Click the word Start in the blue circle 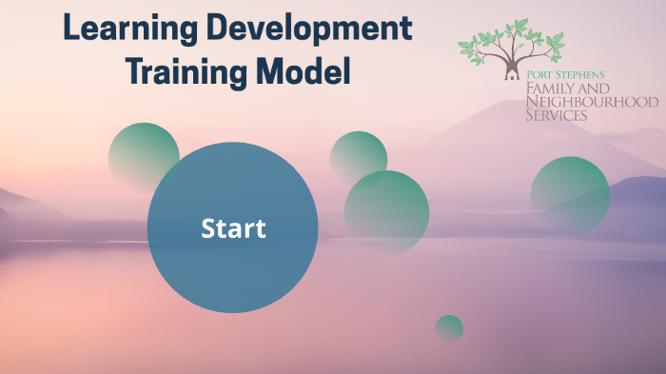pos(233,228)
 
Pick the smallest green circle pos(449,328)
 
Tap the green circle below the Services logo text pos(570,195)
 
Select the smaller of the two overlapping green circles pos(358,155)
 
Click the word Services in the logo pos(557,115)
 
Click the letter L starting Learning pos(71,29)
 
